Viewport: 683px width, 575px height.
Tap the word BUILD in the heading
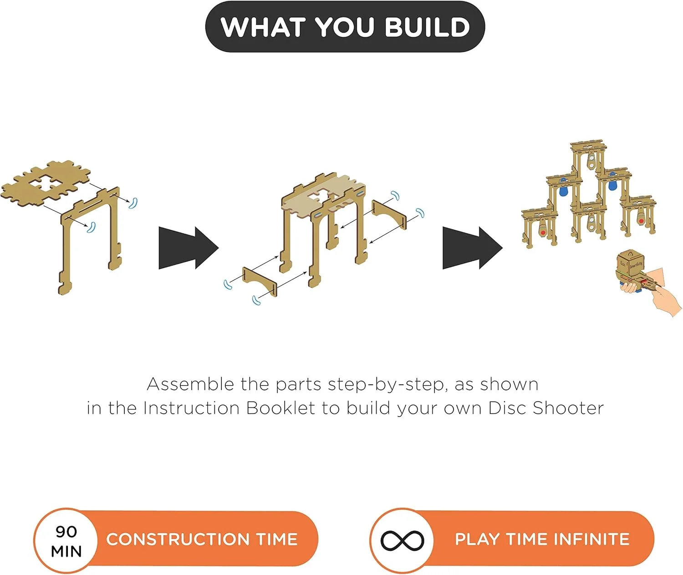pos(427,26)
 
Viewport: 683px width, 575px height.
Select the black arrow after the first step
pos(189,248)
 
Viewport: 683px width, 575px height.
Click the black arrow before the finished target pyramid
pos(472,248)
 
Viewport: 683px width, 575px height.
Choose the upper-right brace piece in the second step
pos(389,214)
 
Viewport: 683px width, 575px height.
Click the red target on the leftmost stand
pos(543,232)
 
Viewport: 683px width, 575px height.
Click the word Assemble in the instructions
pos(190,384)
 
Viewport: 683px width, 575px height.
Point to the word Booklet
pos(280,408)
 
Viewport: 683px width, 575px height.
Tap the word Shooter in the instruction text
pos(568,408)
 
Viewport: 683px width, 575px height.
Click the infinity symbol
pos(403,540)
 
